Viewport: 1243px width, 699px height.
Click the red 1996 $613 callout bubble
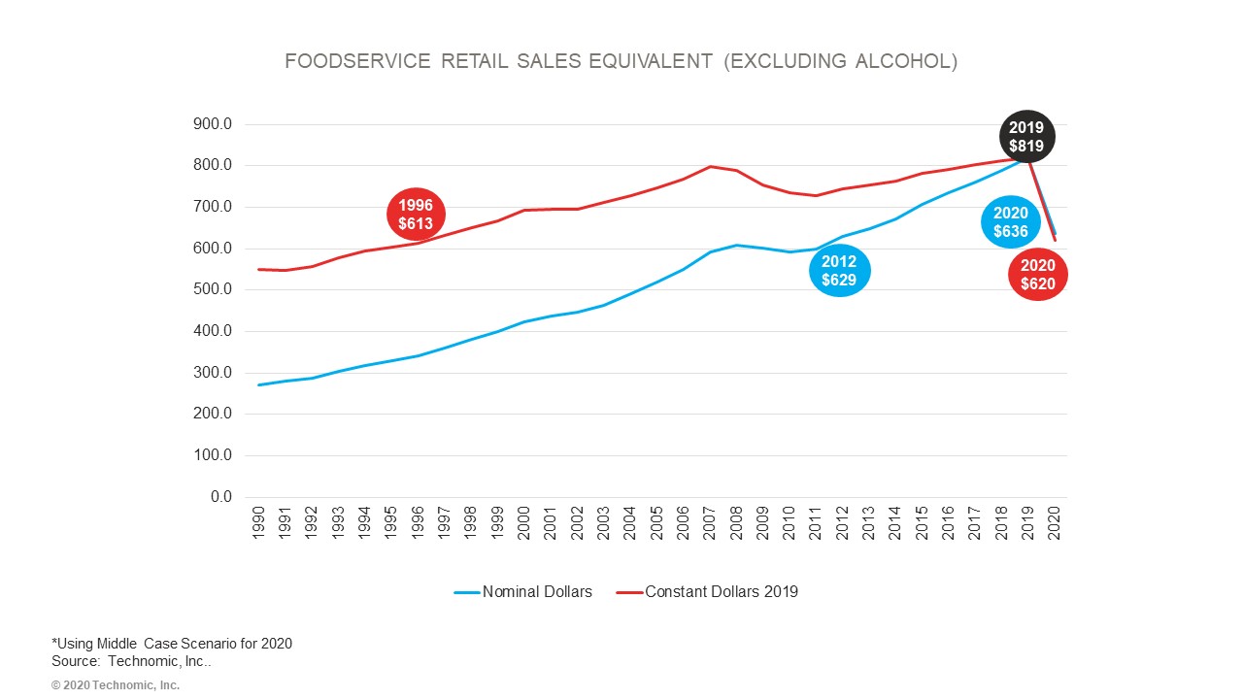tap(416, 216)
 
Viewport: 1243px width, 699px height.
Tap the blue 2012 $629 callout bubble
tap(839, 271)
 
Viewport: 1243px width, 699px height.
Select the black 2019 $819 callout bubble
tap(1026, 137)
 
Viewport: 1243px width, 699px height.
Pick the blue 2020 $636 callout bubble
tap(1010, 222)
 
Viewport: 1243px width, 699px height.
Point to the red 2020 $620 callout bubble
tap(1037, 275)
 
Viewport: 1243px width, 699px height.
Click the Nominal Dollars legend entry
tap(523, 592)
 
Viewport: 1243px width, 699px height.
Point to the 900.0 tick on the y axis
tap(214, 124)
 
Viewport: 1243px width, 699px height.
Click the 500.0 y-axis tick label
tap(214, 289)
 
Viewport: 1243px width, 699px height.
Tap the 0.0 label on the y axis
tap(221, 497)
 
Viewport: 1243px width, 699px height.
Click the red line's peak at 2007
tap(710, 166)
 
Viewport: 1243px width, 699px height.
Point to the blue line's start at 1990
tap(259, 384)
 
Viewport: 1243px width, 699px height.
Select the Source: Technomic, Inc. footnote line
tap(131, 661)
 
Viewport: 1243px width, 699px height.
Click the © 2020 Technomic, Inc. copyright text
tap(116, 685)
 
